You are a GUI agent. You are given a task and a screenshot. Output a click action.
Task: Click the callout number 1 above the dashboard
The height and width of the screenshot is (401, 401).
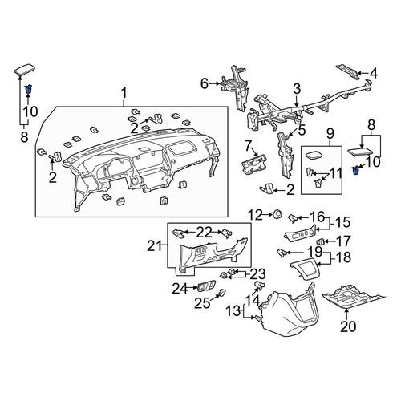pyautogui.click(x=124, y=93)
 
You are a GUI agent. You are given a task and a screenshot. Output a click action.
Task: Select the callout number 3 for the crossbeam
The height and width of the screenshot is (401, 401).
pyautogui.click(x=297, y=89)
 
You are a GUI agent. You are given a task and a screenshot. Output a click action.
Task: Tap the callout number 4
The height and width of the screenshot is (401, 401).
pyautogui.click(x=374, y=73)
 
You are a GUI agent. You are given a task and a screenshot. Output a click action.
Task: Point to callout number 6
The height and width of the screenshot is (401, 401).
pyautogui.click(x=205, y=83)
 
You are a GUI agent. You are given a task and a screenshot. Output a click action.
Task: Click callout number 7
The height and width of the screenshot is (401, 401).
pyautogui.click(x=248, y=146)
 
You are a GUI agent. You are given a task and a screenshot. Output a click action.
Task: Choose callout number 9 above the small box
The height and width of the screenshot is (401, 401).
pyautogui.click(x=330, y=134)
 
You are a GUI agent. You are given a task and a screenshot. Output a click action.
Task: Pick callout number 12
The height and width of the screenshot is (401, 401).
pyautogui.click(x=256, y=215)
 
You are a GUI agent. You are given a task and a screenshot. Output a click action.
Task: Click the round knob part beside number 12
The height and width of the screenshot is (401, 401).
pyautogui.click(x=277, y=214)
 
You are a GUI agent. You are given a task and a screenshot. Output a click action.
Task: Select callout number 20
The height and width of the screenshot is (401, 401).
pyautogui.click(x=348, y=326)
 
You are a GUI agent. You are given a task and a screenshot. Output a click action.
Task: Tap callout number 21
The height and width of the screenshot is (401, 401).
pyautogui.click(x=155, y=245)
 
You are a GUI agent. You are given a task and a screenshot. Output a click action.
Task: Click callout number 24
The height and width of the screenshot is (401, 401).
pyautogui.click(x=180, y=289)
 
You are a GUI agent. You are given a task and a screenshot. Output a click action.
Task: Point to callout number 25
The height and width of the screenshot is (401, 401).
pyautogui.click(x=202, y=303)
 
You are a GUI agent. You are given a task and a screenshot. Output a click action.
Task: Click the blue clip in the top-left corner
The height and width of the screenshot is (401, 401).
pyautogui.click(x=28, y=88)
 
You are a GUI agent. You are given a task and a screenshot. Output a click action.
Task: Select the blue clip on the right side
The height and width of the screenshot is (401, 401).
pyautogui.click(x=356, y=170)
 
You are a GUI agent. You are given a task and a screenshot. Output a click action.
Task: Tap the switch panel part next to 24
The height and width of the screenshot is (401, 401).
pyautogui.click(x=206, y=286)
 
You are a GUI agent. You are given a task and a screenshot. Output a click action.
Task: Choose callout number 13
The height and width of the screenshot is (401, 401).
pyautogui.click(x=233, y=311)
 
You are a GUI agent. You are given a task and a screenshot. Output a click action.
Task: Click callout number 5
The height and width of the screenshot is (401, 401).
pyautogui.click(x=302, y=130)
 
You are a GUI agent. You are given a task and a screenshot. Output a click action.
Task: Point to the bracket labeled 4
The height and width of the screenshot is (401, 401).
pyautogui.click(x=347, y=71)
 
